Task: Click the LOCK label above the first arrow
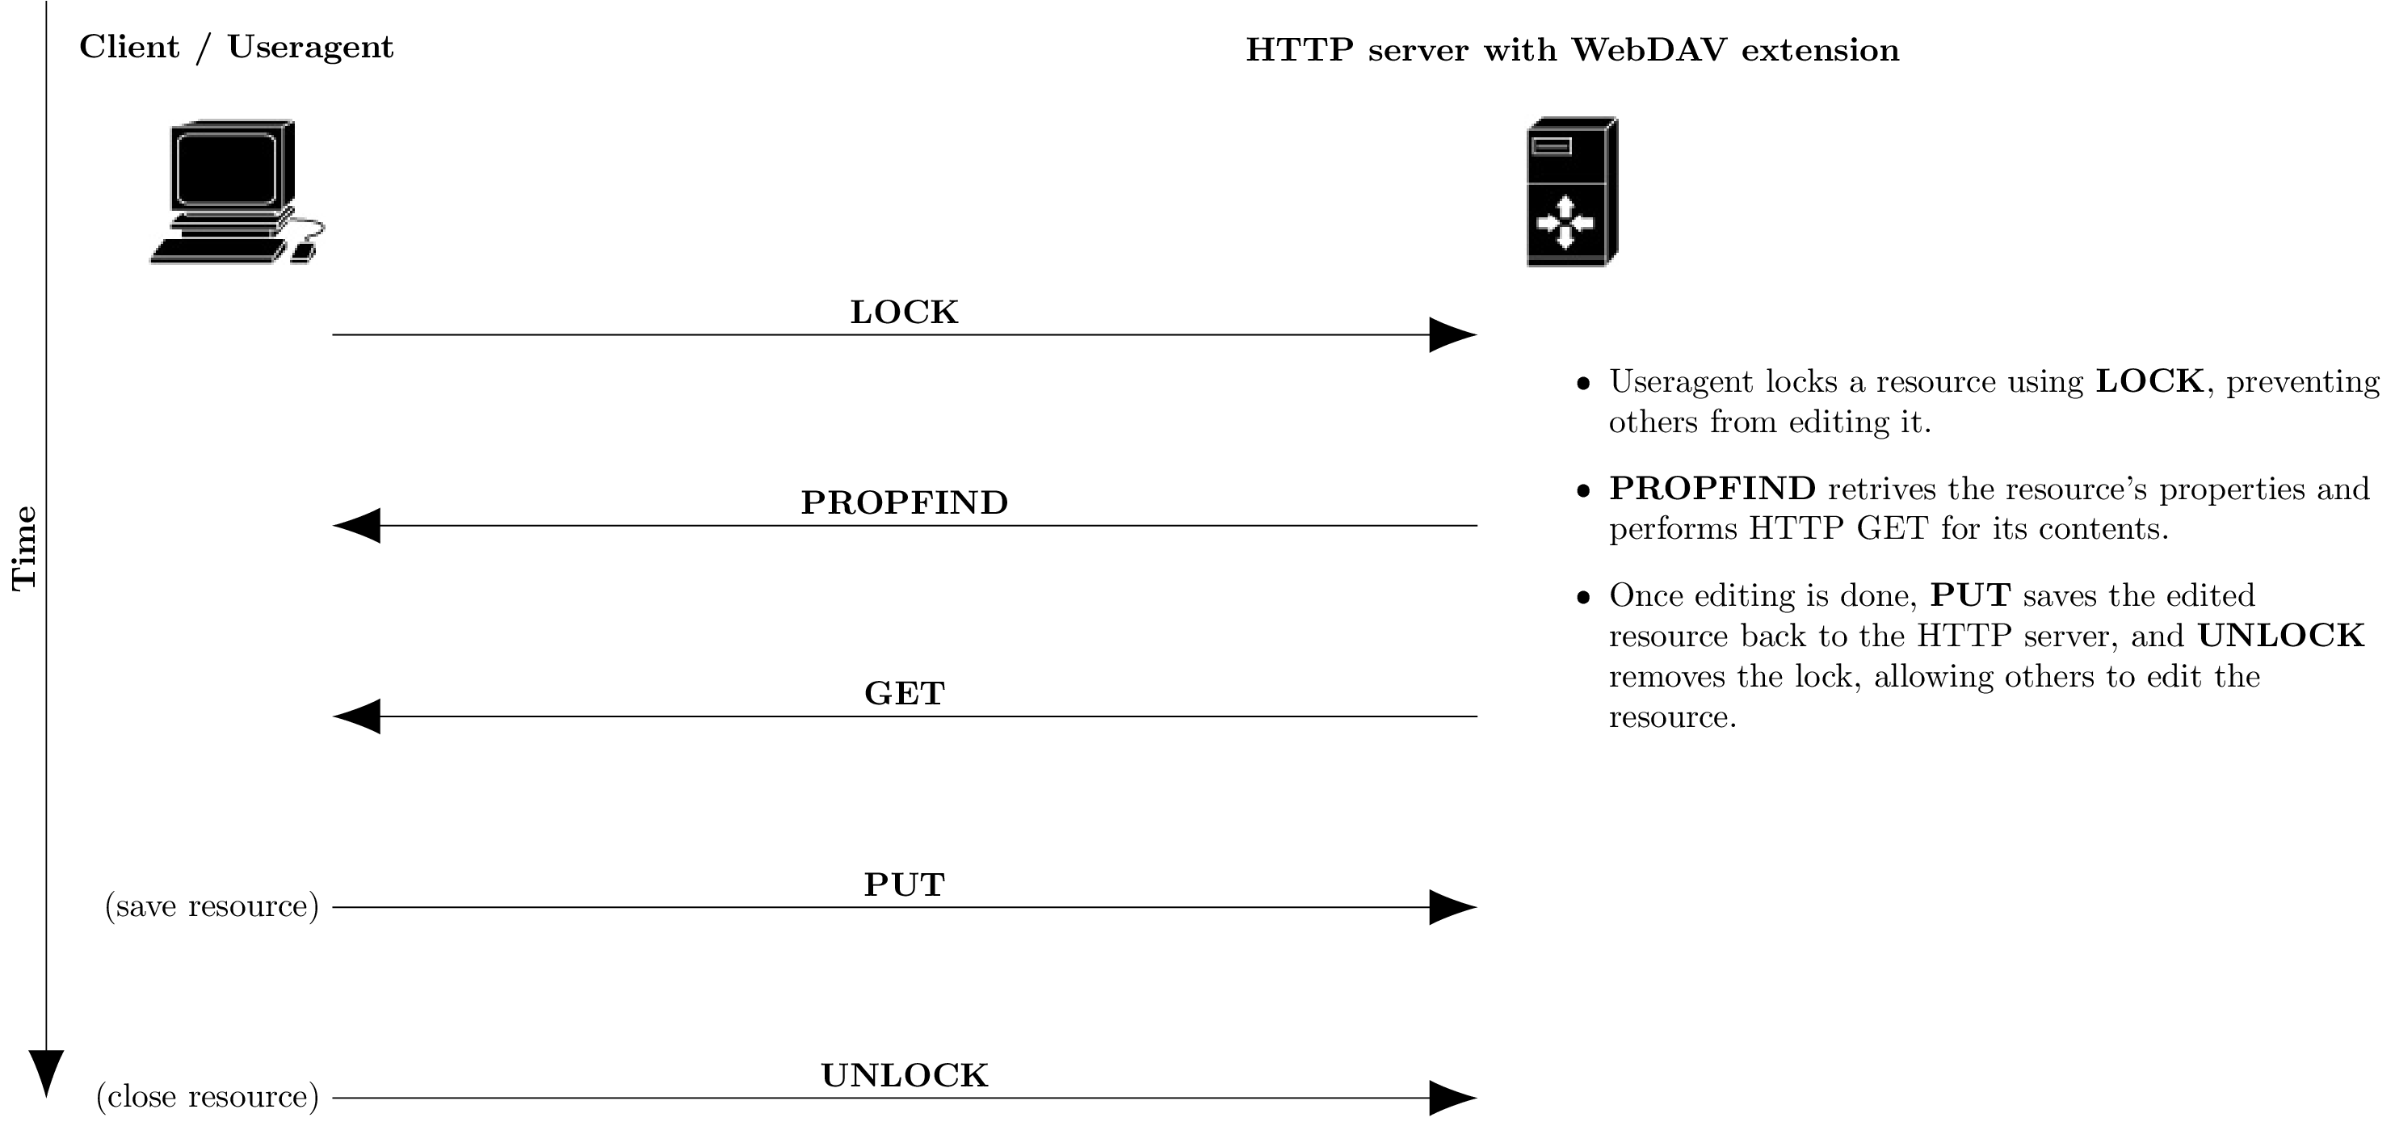click(904, 313)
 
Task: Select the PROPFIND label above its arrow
click(904, 503)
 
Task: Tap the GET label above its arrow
click(904, 694)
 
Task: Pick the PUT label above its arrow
click(904, 884)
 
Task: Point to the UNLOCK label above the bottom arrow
click(904, 1076)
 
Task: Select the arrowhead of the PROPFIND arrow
click(358, 525)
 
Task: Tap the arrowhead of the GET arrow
click(358, 716)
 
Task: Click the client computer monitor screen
click(226, 167)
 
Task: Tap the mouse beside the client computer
click(303, 252)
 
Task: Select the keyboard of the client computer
click(216, 251)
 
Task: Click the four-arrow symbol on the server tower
click(1565, 222)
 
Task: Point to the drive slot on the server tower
click(1551, 146)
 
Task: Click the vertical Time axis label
click(23, 548)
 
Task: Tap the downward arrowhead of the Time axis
click(47, 1072)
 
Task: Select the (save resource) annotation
click(212, 905)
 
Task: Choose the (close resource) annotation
click(208, 1097)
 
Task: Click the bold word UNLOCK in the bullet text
click(2280, 636)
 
